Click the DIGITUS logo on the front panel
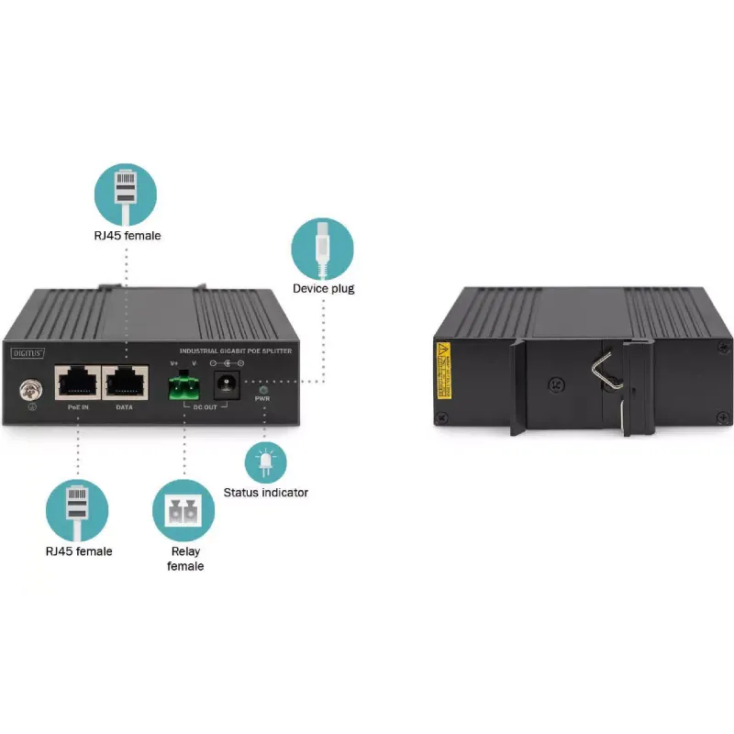27,350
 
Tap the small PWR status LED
262,390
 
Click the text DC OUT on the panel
204,406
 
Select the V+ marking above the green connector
173,363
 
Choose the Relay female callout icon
183,512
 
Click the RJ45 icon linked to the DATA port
126,195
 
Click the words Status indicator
266,493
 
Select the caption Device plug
323,289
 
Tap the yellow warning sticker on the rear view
444,371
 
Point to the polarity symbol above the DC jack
226,363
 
